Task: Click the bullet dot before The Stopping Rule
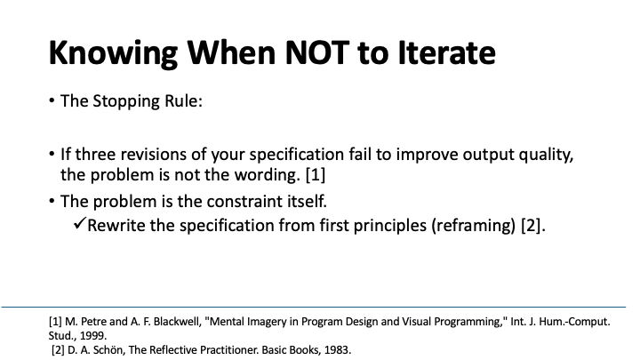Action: coord(52,101)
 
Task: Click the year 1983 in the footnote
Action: coord(337,350)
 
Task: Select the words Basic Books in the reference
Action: coord(285,350)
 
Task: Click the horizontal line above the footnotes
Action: coord(320,308)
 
